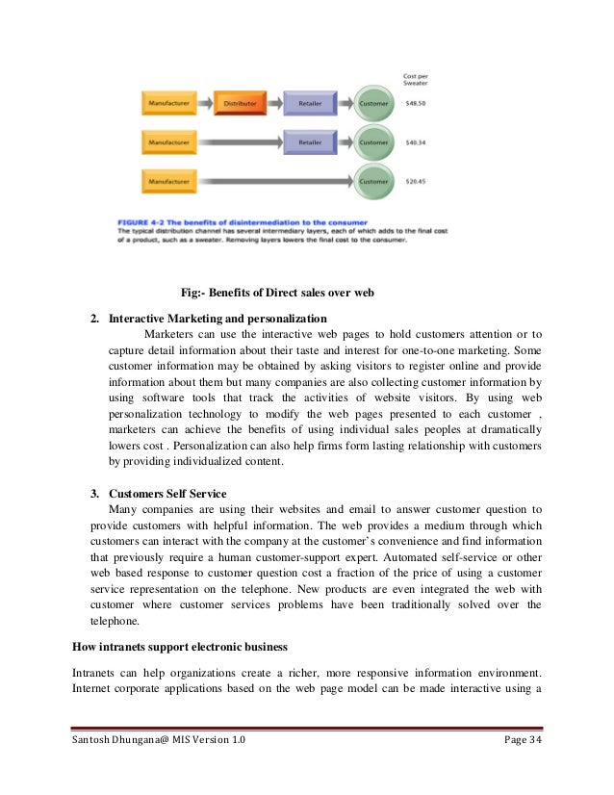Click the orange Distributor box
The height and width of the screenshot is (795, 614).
[x=240, y=102]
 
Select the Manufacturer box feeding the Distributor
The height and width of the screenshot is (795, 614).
[x=168, y=102]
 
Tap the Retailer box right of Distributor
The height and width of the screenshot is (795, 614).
[x=310, y=102]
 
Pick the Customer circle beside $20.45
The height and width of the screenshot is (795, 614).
[x=373, y=180]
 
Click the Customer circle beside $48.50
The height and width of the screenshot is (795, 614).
[x=373, y=102]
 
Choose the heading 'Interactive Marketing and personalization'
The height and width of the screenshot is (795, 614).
[x=217, y=318]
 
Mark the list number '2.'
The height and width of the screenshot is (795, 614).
[x=95, y=318]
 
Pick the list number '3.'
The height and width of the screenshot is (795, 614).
[x=95, y=494]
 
